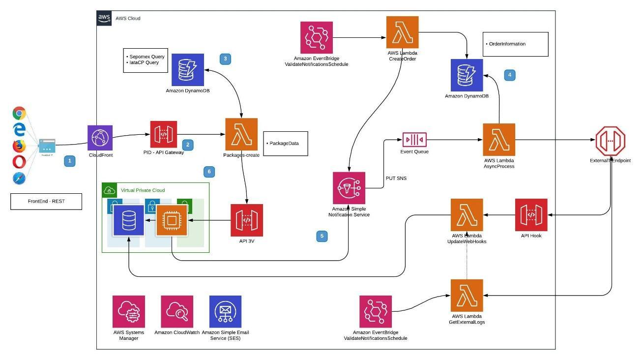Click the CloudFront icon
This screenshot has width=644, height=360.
(x=100, y=138)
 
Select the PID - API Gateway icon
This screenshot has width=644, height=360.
(x=163, y=134)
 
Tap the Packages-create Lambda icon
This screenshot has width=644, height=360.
(x=241, y=134)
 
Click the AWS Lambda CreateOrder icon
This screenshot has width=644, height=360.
(x=402, y=32)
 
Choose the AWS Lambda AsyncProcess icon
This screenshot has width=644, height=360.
(x=499, y=140)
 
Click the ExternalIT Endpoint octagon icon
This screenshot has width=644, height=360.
(x=610, y=141)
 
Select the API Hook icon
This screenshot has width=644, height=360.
(x=531, y=215)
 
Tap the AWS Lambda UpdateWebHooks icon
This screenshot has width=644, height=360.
(x=467, y=215)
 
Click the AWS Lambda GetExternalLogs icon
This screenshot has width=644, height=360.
(x=467, y=296)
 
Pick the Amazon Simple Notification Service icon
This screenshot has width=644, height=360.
(x=349, y=188)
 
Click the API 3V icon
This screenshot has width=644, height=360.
(x=247, y=220)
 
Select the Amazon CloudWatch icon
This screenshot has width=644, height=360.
(x=177, y=312)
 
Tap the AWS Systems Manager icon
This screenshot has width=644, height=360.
(x=129, y=312)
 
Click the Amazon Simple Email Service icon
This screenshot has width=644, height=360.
(x=225, y=312)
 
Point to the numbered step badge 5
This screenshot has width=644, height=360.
(x=322, y=237)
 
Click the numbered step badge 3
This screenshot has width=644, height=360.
(x=225, y=59)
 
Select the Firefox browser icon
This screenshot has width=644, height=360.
(x=19, y=146)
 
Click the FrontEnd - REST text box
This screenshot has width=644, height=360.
(x=46, y=202)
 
